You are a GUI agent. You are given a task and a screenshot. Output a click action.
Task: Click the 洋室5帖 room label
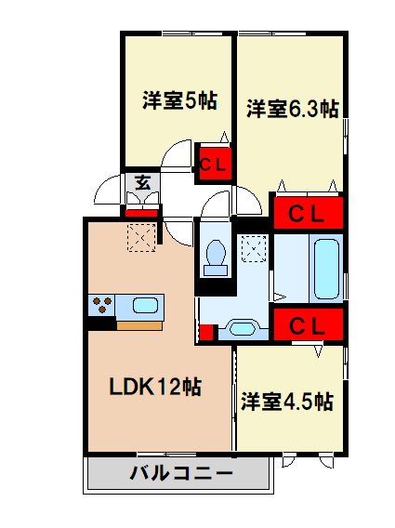(x=179, y=100)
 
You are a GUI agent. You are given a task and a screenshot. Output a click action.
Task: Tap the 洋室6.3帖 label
(x=291, y=109)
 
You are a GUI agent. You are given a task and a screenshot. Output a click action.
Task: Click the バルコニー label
(x=180, y=473)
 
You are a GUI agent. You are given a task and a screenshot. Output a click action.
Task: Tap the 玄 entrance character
(x=144, y=182)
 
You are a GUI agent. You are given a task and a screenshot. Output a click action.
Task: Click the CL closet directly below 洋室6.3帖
(x=307, y=213)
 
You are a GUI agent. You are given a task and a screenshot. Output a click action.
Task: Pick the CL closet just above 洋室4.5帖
(x=307, y=326)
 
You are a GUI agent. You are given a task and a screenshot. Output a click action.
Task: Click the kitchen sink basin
(x=146, y=304)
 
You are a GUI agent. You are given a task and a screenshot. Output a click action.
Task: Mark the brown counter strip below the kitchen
(x=138, y=324)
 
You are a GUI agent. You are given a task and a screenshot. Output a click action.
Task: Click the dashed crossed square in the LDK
(x=140, y=237)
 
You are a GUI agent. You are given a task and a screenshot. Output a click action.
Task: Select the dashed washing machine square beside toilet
(x=253, y=248)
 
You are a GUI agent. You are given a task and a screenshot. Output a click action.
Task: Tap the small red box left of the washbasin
(x=208, y=330)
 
